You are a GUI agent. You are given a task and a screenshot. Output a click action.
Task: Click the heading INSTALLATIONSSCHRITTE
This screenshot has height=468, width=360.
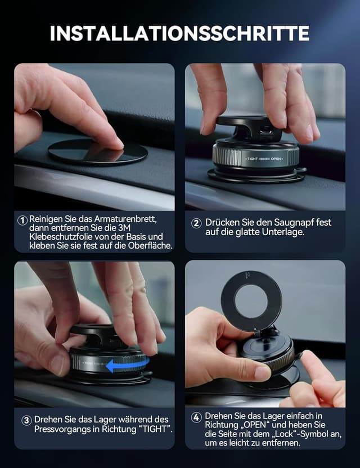[179, 33]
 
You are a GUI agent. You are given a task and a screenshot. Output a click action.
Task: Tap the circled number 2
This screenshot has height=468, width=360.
[196, 223]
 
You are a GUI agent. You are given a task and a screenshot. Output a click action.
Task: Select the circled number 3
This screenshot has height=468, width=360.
[26, 420]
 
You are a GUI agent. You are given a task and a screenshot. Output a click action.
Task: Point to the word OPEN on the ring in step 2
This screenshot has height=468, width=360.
[276, 159]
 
